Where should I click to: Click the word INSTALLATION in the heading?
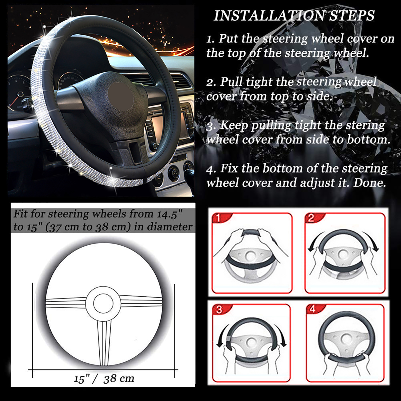click(x=269, y=16)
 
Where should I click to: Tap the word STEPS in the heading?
click(x=352, y=16)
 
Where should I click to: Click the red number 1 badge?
click(x=218, y=218)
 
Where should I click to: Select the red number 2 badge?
click(x=311, y=218)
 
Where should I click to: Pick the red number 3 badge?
click(x=219, y=310)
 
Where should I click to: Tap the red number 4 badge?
click(x=312, y=309)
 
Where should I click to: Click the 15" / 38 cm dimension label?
click(x=104, y=378)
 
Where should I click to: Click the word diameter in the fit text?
click(x=170, y=227)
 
